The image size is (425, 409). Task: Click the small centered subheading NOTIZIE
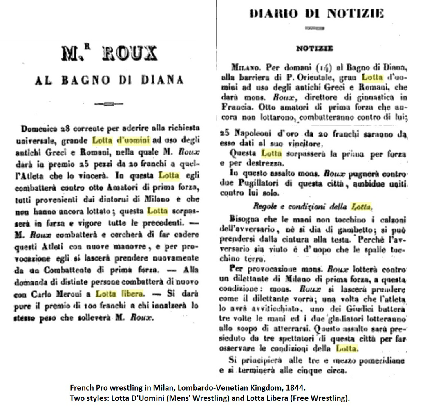pos(314,48)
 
